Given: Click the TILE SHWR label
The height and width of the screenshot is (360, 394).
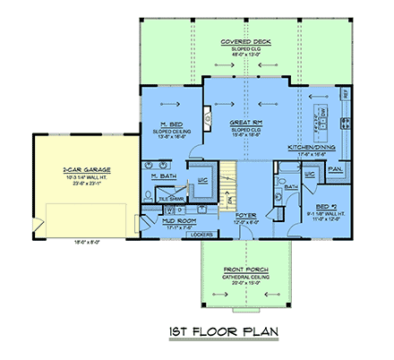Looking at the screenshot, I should pyautogui.click(x=158, y=199).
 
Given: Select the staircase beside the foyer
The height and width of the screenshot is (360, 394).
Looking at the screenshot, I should pyautogui.click(x=231, y=184).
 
